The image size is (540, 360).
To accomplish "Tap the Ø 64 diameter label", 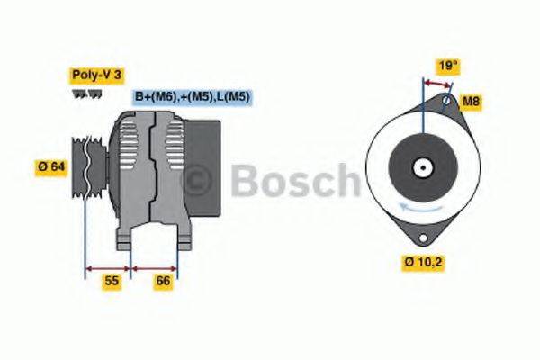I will point(52,167).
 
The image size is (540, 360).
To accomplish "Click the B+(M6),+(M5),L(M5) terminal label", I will point(192,97).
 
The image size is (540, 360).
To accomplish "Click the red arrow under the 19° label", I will point(436,84).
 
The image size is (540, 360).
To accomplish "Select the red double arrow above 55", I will point(108,267).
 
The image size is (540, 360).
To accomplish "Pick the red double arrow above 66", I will point(156,267).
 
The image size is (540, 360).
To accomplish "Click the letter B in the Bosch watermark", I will point(245,180).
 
